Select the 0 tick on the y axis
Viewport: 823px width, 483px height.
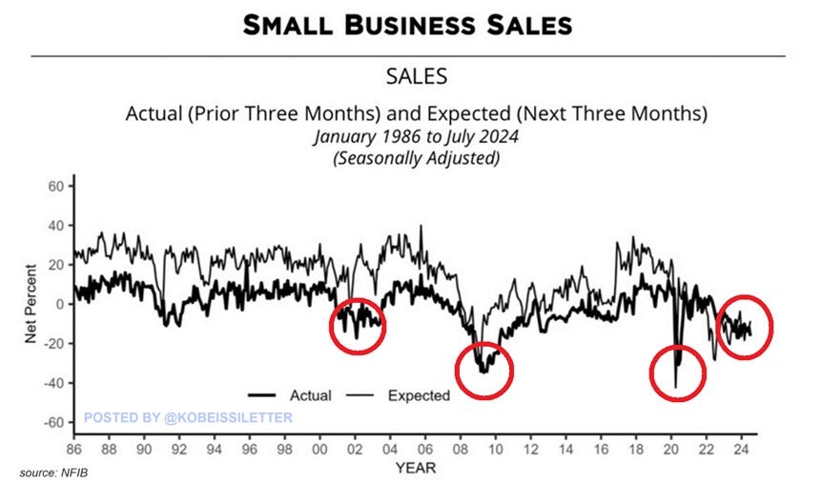[x=58, y=304]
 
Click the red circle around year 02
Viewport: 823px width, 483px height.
[x=358, y=325]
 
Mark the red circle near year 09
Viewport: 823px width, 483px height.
[x=484, y=371]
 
